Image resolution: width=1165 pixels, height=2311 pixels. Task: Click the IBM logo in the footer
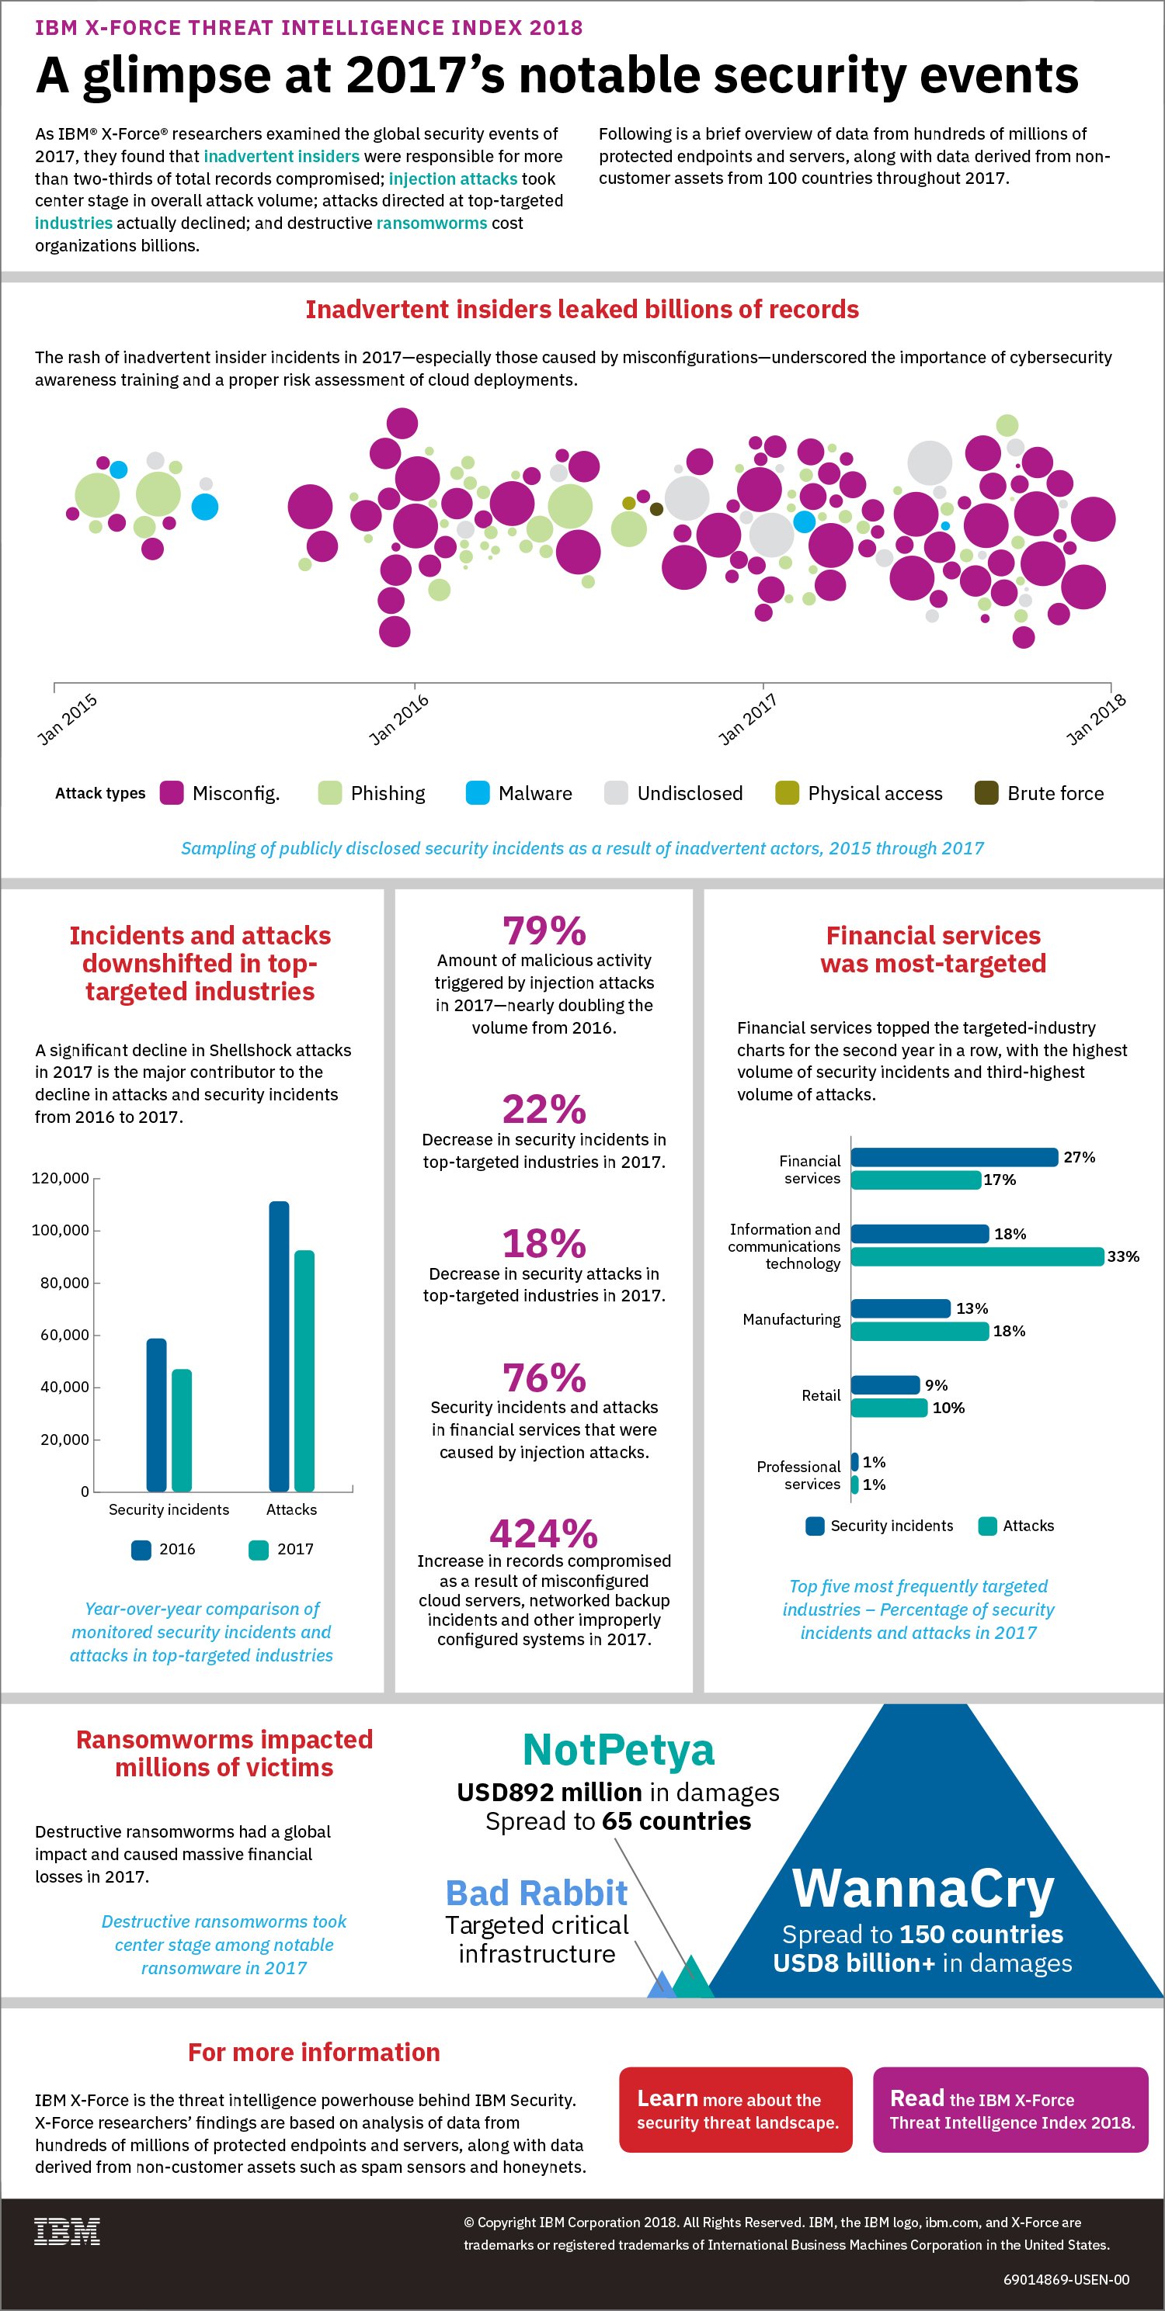tap(68, 2231)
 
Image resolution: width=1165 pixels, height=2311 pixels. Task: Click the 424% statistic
tap(544, 1534)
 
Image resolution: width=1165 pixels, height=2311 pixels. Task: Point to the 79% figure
tap(544, 931)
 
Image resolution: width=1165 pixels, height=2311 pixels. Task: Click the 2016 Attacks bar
tap(279, 1346)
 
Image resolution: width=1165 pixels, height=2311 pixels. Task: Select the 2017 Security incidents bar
tap(181, 1430)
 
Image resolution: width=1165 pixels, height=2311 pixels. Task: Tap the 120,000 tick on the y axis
tap(60, 1178)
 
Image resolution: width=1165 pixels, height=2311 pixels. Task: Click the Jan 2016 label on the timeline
tap(398, 719)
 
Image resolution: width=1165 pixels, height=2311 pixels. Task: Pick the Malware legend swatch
tap(478, 793)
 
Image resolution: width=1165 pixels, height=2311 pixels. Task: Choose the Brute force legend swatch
tap(986, 793)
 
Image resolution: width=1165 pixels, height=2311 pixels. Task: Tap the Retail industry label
tap(821, 1396)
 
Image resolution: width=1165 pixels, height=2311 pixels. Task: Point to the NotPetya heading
tap(618, 1749)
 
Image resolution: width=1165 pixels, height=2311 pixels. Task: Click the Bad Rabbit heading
tap(537, 1893)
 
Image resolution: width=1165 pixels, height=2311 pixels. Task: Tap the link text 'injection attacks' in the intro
tap(454, 178)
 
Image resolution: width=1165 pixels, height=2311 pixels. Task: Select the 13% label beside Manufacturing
tap(972, 1308)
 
